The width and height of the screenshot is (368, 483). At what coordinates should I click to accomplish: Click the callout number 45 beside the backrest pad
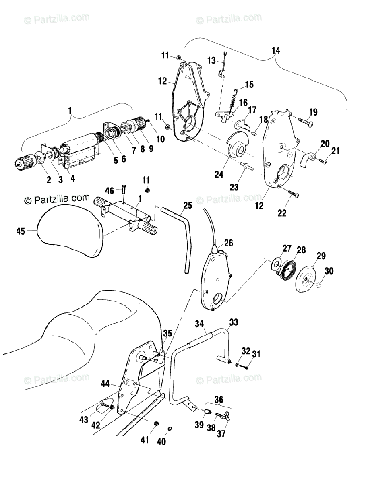point(21,231)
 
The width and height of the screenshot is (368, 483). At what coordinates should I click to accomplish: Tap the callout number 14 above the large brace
point(275,50)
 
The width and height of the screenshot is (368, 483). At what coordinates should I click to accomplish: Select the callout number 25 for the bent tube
point(188,206)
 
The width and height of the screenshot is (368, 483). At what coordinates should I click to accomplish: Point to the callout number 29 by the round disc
point(321,256)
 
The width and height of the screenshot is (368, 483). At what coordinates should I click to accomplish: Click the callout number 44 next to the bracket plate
point(105,384)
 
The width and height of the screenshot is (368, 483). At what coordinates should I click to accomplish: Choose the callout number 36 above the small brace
point(219,399)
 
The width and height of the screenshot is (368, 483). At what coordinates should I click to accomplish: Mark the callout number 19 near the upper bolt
point(313,112)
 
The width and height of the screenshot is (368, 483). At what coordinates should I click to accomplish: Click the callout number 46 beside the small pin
point(110,191)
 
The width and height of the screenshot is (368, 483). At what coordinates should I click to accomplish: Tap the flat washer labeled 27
point(275,263)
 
